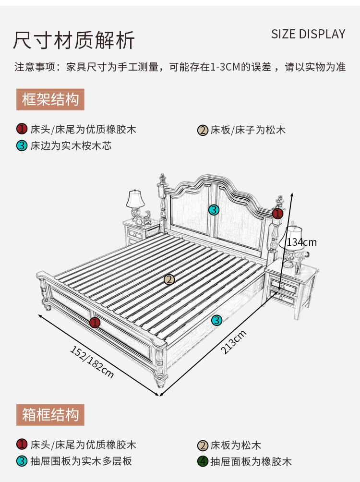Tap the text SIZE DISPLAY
pyautogui.click(x=308, y=34)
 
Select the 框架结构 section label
pyautogui.click(x=50, y=100)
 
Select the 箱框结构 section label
pyautogui.click(x=50, y=414)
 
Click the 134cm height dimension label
pyautogui.click(x=302, y=242)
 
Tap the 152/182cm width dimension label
pyautogui.click(x=92, y=361)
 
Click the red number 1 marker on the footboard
pyautogui.click(x=95, y=322)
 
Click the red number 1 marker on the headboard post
pyautogui.click(x=277, y=213)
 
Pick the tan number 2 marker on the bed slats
pyautogui.click(x=168, y=279)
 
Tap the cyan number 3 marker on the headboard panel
pyautogui.click(x=214, y=210)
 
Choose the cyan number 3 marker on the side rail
pyautogui.click(x=216, y=320)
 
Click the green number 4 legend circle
pyautogui.click(x=203, y=462)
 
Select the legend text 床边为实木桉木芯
pyautogui.click(x=71, y=145)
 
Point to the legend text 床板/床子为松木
pyautogui.click(x=248, y=130)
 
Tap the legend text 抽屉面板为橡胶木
pyautogui.click(x=251, y=462)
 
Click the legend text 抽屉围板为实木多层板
pyautogui.click(x=81, y=461)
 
